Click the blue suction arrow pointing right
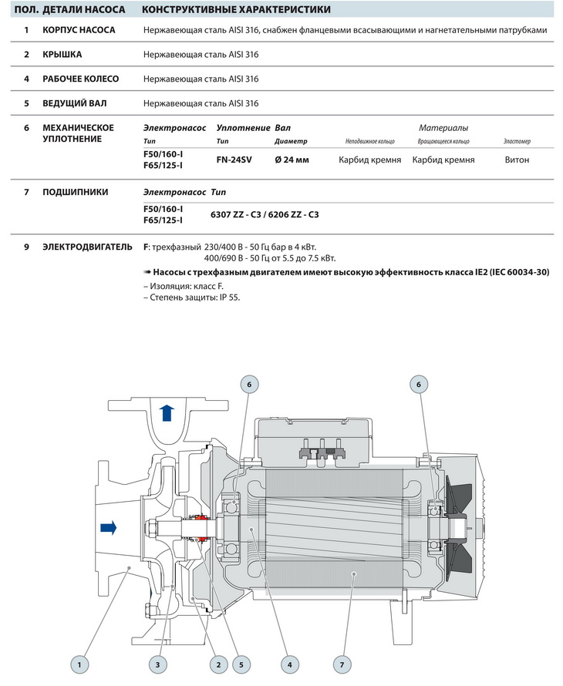(109, 528)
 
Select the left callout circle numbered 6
(248, 384)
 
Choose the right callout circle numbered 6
(419, 384)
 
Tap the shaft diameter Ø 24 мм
(292, 160)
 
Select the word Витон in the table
(517, 160)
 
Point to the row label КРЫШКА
(62, 54)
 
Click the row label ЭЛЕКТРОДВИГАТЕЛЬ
(88, 247)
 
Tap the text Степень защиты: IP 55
(192, 297)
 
